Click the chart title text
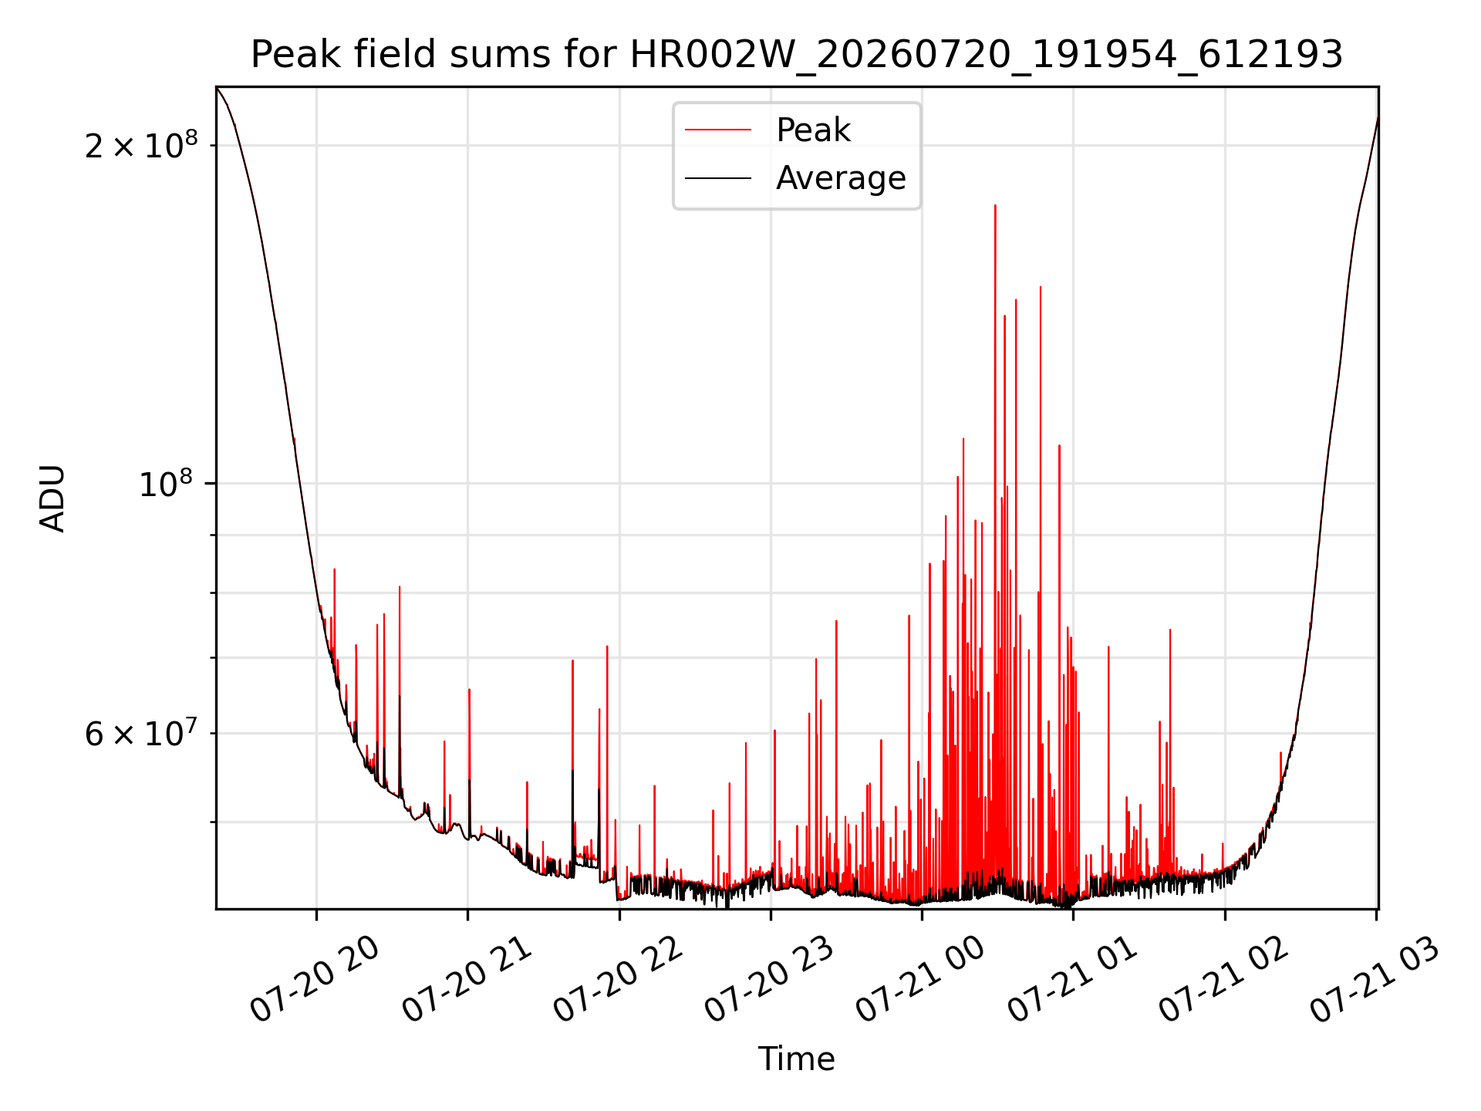(x=797, y=55)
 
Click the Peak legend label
(x=813, y=130)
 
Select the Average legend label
(x=841, y=178)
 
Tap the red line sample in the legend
(x=718, y=130)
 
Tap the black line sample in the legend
(x=718, y=178)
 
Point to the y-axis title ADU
(x=52, y=498)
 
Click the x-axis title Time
(x=796, y=1059)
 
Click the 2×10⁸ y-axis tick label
(x=141, y=144)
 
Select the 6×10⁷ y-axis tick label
(x=141, y=733)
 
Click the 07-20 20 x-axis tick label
(x=315, y=979)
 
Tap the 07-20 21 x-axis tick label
(x=467, y=979)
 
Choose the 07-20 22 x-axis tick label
(x=618, y=979)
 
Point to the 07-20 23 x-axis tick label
(x=769, y=979)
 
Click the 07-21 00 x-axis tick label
(x=920, y=979)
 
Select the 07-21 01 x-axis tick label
(x=1072, y=979)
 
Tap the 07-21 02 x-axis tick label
(x=1223, y=979)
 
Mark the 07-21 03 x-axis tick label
(x=1375, y=979)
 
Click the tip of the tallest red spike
(x=995, y=205)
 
